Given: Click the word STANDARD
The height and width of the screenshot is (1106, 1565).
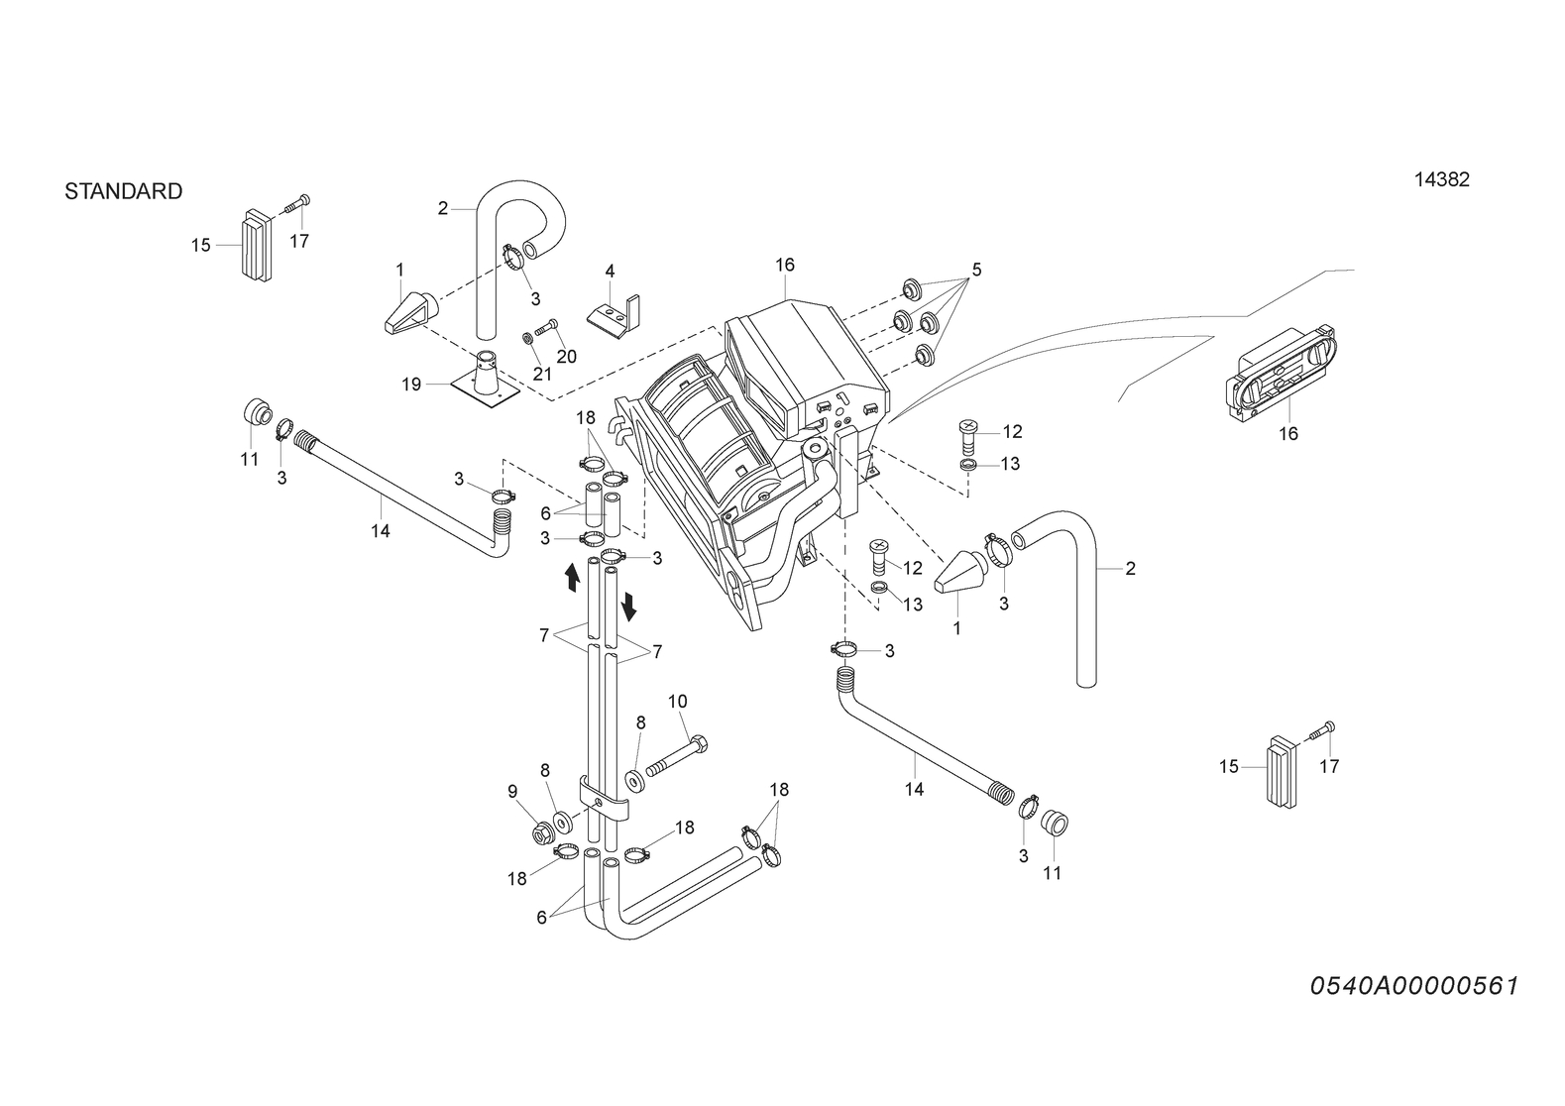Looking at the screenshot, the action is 124,190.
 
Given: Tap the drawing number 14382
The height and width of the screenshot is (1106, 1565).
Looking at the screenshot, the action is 1442,179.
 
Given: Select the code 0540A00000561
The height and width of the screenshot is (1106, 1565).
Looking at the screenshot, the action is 1414,986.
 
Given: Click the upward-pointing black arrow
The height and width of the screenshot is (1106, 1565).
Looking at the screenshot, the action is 572,578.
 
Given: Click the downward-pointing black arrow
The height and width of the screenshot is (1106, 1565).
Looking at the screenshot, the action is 628,606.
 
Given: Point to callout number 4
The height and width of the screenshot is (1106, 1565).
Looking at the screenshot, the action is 610,271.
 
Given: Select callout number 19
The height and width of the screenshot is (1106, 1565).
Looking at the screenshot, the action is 411,385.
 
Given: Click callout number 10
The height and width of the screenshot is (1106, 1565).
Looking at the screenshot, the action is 678,701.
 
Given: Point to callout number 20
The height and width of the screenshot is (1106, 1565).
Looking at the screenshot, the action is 567,357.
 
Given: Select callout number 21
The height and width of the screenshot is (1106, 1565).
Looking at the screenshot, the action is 542,374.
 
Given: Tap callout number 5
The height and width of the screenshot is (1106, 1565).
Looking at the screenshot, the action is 976,269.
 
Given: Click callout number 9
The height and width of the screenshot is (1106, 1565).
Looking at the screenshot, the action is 512,792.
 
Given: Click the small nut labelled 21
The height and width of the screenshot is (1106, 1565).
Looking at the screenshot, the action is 529,339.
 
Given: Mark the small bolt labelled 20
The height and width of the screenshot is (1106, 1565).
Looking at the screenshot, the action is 546,327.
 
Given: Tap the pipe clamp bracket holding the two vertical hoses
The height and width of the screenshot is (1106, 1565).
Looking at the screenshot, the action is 604,801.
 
